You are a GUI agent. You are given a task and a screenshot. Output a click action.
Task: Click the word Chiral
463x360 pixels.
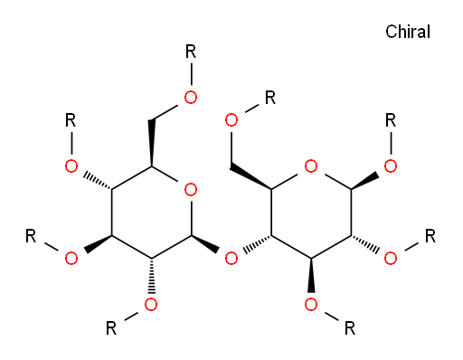408,32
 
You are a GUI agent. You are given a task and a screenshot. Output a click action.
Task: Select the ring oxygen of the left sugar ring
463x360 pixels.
191,190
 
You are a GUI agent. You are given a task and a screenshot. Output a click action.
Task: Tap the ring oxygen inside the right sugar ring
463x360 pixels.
311,166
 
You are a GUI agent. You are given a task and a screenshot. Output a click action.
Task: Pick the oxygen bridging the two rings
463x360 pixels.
231,259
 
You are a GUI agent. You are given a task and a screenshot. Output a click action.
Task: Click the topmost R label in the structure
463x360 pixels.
191,52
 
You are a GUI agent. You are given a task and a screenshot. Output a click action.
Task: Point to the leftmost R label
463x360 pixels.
31,236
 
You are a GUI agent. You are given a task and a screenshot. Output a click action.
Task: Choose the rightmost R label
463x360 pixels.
430,236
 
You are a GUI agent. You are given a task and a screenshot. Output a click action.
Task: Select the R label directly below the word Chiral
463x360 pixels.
391,120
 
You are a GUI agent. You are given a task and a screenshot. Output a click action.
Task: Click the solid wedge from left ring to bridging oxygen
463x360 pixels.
205,244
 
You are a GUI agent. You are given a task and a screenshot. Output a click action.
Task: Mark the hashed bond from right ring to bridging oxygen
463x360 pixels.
257,244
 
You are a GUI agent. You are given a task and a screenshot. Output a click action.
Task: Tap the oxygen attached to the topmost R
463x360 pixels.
191,98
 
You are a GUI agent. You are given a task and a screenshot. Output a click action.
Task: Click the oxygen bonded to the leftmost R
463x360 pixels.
71,259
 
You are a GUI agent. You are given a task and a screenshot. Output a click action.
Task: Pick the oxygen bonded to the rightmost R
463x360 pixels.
391,259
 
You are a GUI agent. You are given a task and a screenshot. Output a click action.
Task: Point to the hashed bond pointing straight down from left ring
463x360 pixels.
151,276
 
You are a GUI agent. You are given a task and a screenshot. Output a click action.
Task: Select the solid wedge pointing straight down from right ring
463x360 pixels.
311,275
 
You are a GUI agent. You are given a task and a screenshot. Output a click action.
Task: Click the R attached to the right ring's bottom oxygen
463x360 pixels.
350,328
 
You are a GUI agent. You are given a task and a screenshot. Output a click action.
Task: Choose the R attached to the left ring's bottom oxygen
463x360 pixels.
111,328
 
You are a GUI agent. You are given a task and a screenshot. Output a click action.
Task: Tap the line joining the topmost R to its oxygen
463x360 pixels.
191,74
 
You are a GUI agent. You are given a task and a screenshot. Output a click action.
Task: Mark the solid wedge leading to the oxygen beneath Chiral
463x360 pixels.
364,181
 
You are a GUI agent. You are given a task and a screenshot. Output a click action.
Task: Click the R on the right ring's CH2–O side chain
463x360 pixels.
270,98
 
